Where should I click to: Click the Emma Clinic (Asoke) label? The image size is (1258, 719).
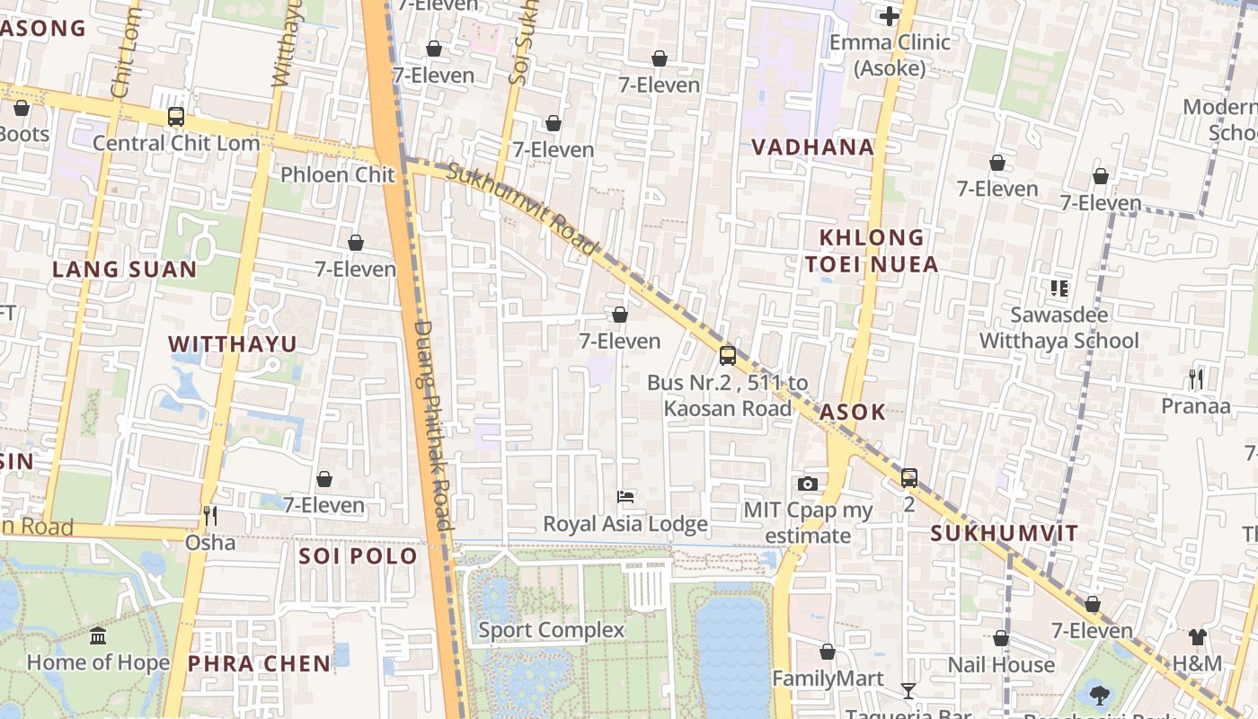tap(890, 55)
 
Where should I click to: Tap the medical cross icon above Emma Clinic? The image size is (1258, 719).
tap(890, 15)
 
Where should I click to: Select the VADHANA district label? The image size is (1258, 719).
tap(812, 147)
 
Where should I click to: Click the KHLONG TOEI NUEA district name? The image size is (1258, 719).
tap(871, 251)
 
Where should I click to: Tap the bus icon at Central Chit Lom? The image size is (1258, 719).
tap(176, 117)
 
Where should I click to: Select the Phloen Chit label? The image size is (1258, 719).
tap(338, 174)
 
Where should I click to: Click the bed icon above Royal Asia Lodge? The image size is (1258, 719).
tap(625, 497)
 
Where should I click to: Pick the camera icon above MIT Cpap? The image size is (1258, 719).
tap(808, 484)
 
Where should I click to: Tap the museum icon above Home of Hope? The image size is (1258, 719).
tap(98, 636)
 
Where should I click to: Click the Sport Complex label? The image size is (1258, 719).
tap(551, 630)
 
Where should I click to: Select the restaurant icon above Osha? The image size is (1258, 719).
tap(210, 516)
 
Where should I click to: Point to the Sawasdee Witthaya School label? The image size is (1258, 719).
tap(1059, 328)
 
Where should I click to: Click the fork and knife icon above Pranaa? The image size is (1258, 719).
tap(1196, 379)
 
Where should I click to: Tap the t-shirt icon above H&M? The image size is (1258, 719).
tap(1197, 637)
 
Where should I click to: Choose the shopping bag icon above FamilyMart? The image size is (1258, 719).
tap(828, 652)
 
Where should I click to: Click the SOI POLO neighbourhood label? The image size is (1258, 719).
tap(359, 556)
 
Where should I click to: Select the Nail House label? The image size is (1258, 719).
tap(1001, 665)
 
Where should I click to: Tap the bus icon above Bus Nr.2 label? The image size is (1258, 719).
tap(728, 356)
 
